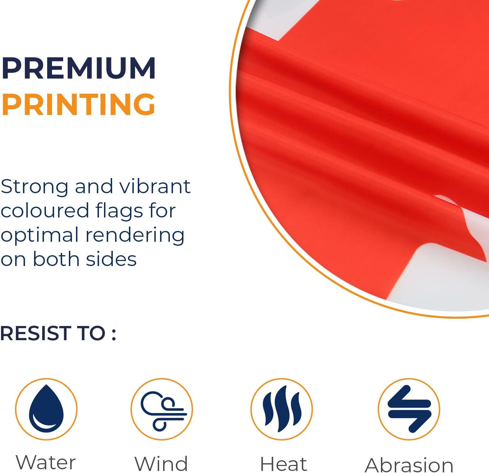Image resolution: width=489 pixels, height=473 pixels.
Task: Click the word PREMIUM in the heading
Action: [x=78, y=68]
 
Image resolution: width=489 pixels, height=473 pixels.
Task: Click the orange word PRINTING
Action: [x=78, y=104]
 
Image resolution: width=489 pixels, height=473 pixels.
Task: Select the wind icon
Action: [x=163, y=411]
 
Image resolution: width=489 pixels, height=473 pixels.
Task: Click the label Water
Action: [x=46, y=462]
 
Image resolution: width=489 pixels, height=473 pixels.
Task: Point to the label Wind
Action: [x=161, y=464]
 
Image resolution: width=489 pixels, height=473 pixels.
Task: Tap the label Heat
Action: [x=283, y=464]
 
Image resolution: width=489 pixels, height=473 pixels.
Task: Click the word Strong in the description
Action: [x=34, y=187]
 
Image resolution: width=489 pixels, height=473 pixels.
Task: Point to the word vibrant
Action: [x=155, y=186]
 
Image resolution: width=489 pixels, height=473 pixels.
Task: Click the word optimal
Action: [x=40, y=236]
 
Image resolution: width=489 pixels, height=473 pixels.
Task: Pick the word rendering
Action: [x=135, y=236]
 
